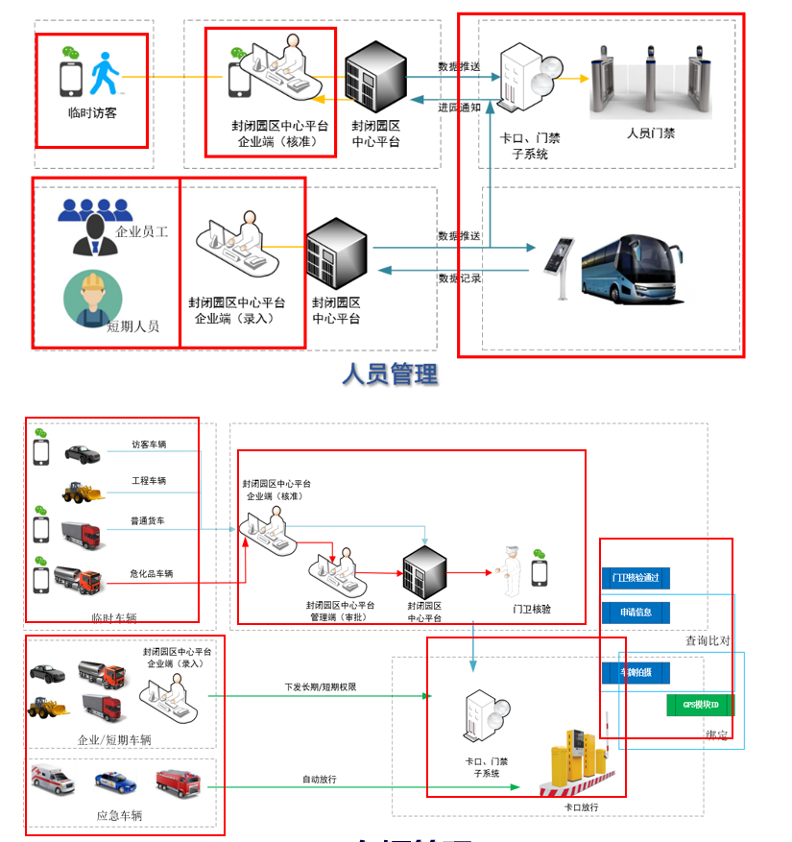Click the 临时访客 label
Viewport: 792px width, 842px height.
pos(93,112)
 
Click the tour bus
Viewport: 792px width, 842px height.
pos(632,270)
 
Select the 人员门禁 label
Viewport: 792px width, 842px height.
pos(651,133)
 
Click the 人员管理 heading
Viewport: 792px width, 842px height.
pos(390,374)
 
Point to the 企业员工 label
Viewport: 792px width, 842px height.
pos(141,231)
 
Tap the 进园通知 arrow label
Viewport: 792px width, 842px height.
pos(459,108)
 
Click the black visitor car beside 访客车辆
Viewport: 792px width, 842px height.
pos(83,452)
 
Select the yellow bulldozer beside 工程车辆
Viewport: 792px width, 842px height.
pos(81,493)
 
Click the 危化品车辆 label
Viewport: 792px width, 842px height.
pos(151,574)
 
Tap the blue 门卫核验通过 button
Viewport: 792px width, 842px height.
pos(636,578)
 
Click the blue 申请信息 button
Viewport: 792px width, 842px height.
pos(636,613)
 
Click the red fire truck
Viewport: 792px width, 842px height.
pos(178,780)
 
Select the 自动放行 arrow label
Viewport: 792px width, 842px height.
pos(319,779)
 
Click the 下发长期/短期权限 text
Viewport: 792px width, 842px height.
pos(321,686)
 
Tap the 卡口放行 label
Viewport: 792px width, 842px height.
pos(582,807)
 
